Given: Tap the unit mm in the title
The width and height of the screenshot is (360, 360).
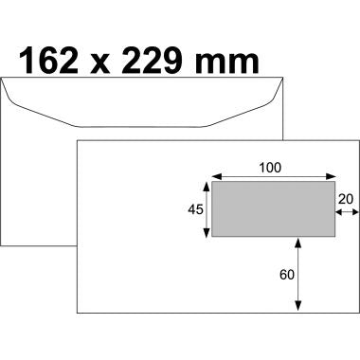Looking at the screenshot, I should [x=230, y=64].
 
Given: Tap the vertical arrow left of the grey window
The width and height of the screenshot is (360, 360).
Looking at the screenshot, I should [x=205, y=209].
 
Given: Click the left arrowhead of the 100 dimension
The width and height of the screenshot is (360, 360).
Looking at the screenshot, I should [x=214, y=175].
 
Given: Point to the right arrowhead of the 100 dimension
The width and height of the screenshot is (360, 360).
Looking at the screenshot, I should [x=333, y=175].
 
